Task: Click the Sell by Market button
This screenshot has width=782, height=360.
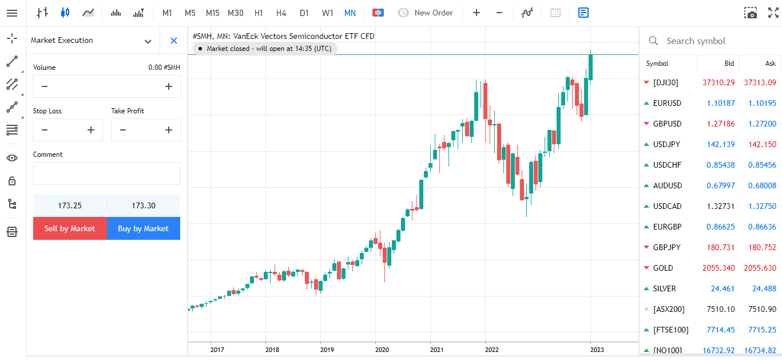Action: pos(70,228)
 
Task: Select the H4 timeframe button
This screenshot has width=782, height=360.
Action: pos(281,13)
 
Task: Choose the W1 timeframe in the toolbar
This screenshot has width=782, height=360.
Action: pos(327,13)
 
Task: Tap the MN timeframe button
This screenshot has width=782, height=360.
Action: pos(350,13)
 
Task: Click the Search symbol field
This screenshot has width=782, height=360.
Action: pos(709,41)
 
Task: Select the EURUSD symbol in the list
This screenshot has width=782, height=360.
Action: pos(667,103)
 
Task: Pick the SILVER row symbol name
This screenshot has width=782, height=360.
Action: pos(664,288)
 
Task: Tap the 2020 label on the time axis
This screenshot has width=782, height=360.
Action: pos(382,349)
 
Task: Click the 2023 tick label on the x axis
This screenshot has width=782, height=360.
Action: pos(597,349)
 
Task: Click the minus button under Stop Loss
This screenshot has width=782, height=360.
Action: pos(45,130)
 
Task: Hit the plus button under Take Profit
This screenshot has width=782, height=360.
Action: pos(169,130)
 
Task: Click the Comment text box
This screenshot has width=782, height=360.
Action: pos(106,173)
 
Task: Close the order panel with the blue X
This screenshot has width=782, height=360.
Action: pos(174,41)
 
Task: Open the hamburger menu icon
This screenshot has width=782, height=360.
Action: pos(12,13)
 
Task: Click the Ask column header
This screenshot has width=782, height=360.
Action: pos(770,64)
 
